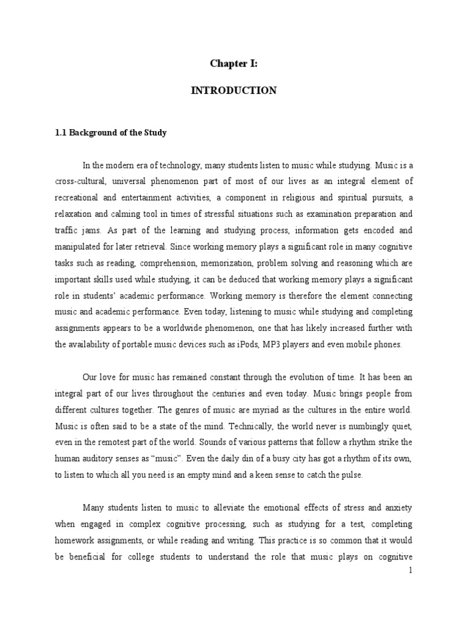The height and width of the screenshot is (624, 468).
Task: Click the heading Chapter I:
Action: [234, 63]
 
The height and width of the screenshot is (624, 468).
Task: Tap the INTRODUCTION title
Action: [234, 90]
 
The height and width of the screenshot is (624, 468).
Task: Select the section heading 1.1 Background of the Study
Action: [110, 133]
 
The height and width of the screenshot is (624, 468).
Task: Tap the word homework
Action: [76, 540]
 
